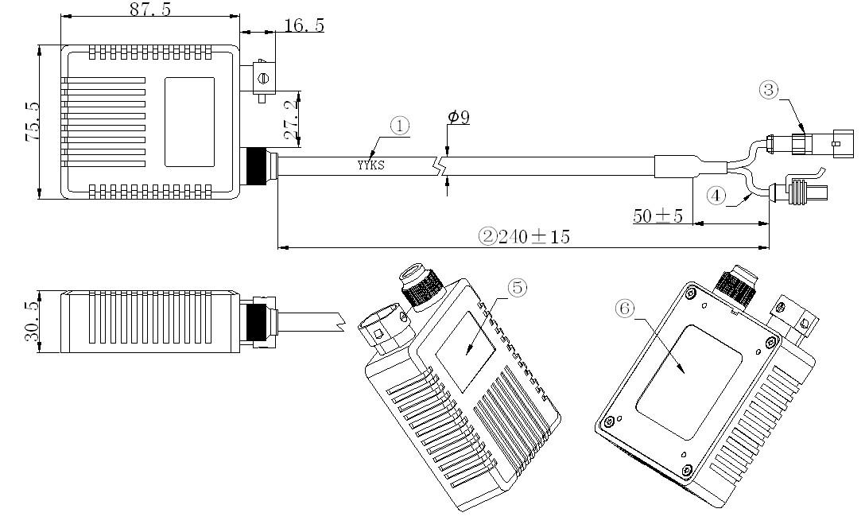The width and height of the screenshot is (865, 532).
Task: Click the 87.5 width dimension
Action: click(149, 10)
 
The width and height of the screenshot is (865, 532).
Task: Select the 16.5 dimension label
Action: click(304, 25)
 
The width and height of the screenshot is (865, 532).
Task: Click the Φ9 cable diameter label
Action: click(459, 118)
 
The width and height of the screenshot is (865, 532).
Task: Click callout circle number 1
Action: click(400, 125)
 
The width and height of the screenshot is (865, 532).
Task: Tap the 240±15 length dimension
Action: click(533, 236)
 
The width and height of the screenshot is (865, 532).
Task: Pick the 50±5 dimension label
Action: click(657, 215)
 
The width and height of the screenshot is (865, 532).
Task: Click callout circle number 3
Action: click(768, 90)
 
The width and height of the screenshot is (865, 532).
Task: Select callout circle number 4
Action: click(716, 196)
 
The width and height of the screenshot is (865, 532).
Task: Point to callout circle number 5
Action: click(517, 288)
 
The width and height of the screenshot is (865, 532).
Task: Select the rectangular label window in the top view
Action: click(189, 122)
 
